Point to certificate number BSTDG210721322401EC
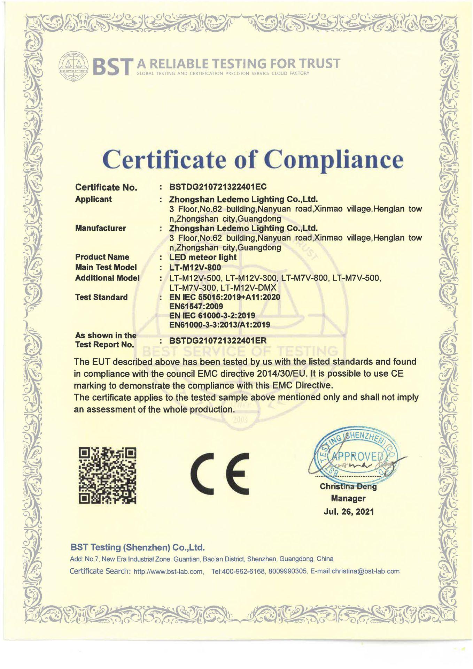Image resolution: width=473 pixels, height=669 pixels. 218,187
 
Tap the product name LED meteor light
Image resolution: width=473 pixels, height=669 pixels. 203,257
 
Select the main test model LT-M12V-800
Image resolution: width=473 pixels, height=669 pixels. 195,268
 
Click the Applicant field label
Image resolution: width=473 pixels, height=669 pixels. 93,199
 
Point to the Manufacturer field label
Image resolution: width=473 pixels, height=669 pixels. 100,228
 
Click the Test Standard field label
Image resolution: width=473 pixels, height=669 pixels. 101,297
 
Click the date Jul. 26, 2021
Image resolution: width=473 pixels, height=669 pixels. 348,512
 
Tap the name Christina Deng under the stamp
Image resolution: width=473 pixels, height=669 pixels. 348,487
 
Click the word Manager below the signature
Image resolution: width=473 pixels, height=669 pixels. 348,499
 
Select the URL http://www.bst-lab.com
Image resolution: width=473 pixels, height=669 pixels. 168,571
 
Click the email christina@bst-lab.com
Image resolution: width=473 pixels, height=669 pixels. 365,571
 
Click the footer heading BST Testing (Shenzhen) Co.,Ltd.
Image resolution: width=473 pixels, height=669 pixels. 137,547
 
